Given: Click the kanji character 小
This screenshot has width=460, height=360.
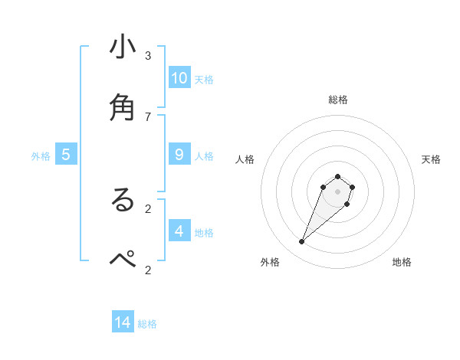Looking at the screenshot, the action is pyautogui.click(x=123, y=47).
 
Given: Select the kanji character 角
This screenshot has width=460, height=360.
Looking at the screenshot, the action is pyautogui.click(x=123, y=106).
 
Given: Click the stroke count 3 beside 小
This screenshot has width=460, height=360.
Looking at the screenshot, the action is pyautogui.click(x=148, y=56).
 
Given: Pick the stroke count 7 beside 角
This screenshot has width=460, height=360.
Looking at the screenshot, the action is pyautogui.click(x=148, y=116).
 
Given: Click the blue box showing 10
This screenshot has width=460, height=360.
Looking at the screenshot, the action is pyautogui.click(x=179, y=78).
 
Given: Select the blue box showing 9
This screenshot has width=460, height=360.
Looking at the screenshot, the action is pyautogui.click(x=179, y=155).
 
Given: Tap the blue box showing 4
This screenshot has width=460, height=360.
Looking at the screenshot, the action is pyautogui.click(x=179, y=231).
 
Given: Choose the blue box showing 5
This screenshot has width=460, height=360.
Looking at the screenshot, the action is pyautogui.click(x=66, y=155).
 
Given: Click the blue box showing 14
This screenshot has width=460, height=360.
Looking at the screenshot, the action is pyautogui.click(x=123, y=322).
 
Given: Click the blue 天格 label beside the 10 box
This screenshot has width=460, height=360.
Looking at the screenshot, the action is pyautogui.click(x=204, y=80).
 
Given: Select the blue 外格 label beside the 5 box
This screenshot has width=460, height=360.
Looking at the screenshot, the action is pyautogui.click(x=41, y=156).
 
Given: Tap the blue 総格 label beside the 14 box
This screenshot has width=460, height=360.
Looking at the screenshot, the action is pyautogui.click(x=147, y=324).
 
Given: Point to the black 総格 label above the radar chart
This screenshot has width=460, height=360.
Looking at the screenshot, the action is pyautogui.click(x=338, y=100).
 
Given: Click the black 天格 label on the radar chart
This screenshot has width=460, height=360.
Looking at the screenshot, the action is pyautogui.click(x=431, y=159).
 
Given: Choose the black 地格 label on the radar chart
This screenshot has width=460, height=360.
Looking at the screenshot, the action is pyautogui.click(x=402, y=262).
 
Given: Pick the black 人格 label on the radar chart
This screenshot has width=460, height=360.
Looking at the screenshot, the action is pyautogui.click(x=245, y=159).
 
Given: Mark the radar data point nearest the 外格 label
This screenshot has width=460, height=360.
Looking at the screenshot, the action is pyautogui.click(x=302, y=242).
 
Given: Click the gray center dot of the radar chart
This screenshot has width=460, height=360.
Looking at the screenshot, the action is pyautogui.click(x=337, y=191).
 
